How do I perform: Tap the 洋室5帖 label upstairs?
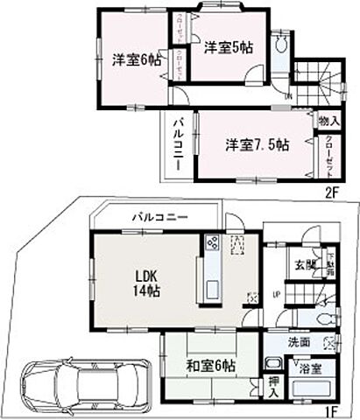(x=229, y=49)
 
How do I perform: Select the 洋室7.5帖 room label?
(x=256, y=145)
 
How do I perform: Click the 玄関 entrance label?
(x=305, y=264)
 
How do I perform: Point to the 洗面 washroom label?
(x=299, y=341)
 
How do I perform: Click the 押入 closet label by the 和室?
(x=274, y=387)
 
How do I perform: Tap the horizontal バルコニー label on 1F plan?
(x=159, y=215)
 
